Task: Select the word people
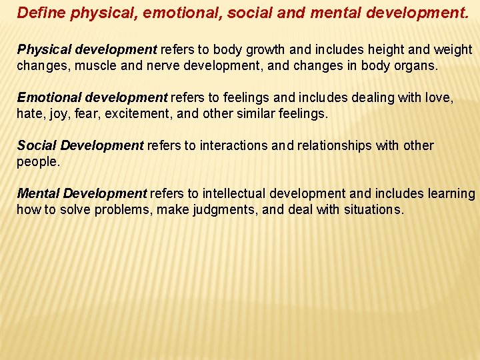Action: (37, 162)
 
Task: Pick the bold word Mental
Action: (38, 193)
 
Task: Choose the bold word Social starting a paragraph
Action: (35, 145)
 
